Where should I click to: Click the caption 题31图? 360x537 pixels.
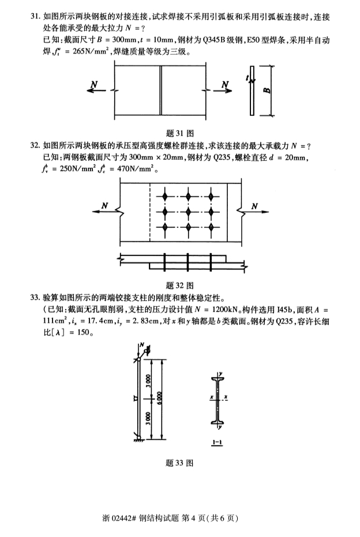click(180, 133)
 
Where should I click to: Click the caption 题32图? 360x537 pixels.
click(180, 286)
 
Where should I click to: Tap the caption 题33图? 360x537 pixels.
click(179, 463)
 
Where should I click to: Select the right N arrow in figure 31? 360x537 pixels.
click(223, 91)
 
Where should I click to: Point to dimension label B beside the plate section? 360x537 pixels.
click(267, 91)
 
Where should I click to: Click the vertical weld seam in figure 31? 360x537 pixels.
click(160, 91)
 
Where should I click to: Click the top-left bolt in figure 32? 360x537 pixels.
click(165, 197)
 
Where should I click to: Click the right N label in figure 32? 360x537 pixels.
click(254, 206)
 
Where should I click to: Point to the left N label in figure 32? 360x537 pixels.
click(105, 205)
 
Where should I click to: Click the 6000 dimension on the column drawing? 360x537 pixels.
click(160, 398)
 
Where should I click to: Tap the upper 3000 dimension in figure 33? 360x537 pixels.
click(148, 380)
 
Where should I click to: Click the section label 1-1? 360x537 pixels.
click(217, 442)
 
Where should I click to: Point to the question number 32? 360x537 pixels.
click(35, 145)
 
